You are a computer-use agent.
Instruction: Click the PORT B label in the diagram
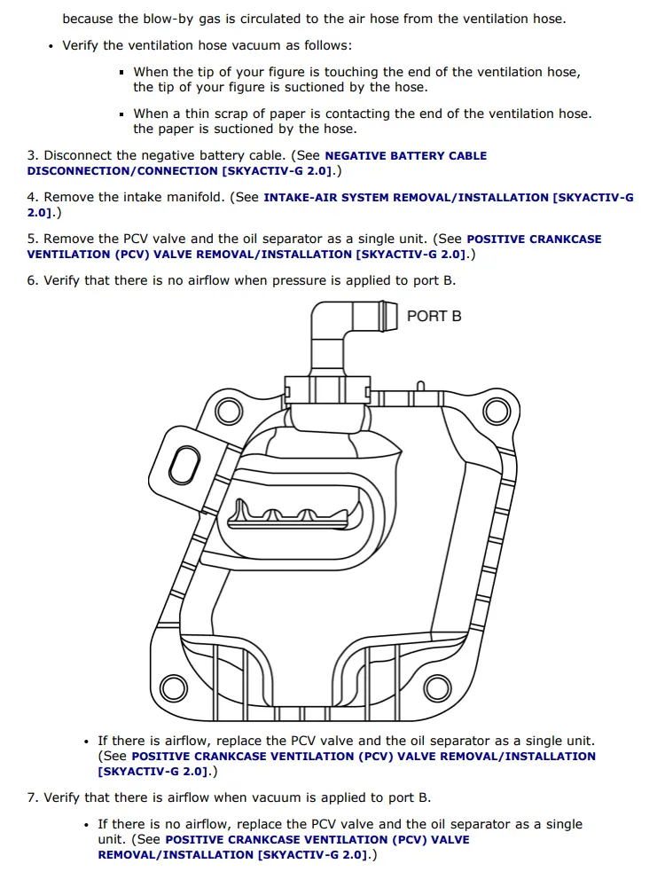[434, 316]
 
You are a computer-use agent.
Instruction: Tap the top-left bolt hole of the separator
[229, 411]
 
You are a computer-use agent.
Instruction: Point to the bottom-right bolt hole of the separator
[437, 688]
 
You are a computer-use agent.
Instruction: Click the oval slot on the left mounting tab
[184, 465]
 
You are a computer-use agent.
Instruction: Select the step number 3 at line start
[31, 155]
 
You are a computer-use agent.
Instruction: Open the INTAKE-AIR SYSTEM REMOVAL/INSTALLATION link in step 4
[448, 198]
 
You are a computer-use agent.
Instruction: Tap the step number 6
[31, 280]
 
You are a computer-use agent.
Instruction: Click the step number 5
[31, 239]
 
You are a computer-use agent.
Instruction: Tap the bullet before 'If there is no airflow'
[86, 825]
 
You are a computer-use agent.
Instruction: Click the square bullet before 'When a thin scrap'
[121, 114]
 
